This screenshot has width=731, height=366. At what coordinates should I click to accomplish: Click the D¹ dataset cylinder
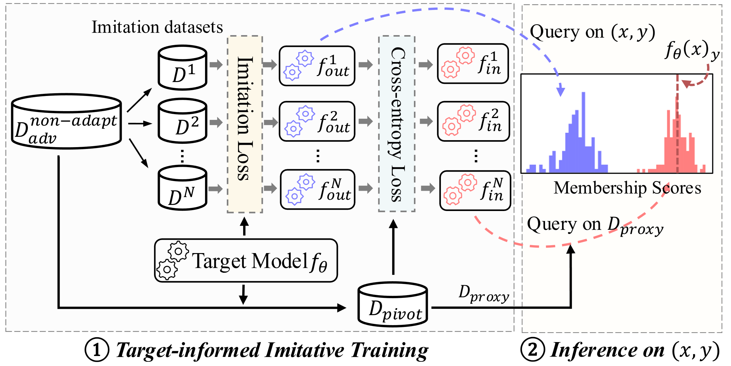[x=183, y=68]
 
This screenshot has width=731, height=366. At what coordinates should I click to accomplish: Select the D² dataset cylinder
[x=183, y=121]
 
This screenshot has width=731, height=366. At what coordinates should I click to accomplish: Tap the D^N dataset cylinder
[x=183, y=188]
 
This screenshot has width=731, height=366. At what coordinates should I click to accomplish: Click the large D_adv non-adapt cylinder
[x=67, y=121]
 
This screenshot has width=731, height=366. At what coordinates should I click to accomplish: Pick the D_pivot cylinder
[x=393, y=305]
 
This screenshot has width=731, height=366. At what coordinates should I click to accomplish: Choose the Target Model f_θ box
[x=246, y=261]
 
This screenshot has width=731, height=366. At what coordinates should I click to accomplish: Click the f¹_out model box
[x=317, y=66]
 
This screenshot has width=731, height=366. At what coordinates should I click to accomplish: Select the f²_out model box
[x=317, y=121]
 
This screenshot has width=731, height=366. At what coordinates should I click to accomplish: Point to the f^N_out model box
[x=318, y=190]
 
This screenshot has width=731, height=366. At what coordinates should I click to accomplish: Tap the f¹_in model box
[x=473, y=64]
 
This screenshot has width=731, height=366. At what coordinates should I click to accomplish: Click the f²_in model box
[x=474, y=121]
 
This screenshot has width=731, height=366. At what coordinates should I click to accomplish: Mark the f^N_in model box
[x=475, y=190]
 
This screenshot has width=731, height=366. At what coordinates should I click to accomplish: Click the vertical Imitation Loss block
[x=245, y=124]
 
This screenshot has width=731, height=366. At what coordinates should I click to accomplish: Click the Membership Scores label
[x=627, y=188]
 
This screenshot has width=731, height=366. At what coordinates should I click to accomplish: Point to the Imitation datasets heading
[x=157, y=27]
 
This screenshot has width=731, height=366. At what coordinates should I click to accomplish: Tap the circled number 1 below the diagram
[x=97, y=350]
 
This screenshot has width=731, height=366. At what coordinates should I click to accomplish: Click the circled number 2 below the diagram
[x=532, y=350]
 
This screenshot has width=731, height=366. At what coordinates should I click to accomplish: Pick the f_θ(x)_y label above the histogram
[x=692, y=50]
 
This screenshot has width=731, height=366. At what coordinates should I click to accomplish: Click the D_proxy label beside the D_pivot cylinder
[x=484, y=294]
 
